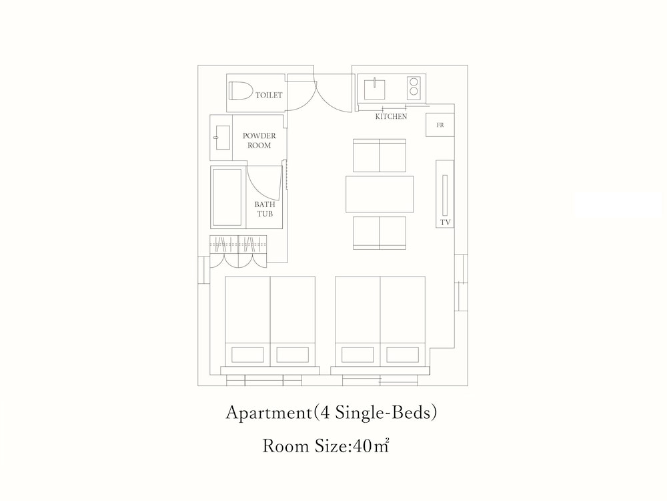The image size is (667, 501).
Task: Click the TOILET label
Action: (x=269, y=95)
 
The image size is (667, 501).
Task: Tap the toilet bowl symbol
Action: (x=241, y=91)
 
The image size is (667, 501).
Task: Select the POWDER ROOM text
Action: (x=259, y=140)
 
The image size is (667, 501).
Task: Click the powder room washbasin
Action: (x=223, y=138)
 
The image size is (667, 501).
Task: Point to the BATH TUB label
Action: (x=265, y=209)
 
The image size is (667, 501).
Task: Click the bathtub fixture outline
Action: (x=227, y=197)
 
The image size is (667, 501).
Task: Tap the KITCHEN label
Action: (x=391, y=116)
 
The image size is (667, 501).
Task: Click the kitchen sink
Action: (x=374, y=89)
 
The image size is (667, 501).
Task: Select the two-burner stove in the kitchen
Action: (x=414, y=87)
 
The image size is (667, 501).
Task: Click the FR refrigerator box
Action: (x=440, y=126)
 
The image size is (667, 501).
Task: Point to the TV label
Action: (x=446, y=222)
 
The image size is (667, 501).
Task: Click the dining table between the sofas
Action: (x=380, y=194)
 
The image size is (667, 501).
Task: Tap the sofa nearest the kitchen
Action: (x=380, y=156)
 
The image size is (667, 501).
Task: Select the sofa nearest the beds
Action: (x=380, y=232)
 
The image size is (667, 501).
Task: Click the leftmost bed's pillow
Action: (x=247, y=355)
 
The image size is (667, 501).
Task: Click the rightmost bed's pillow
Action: (x=402, y=355)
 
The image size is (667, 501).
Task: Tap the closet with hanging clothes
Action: (x=238, y=251)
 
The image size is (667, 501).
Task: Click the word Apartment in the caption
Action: (x=268, y=413)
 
